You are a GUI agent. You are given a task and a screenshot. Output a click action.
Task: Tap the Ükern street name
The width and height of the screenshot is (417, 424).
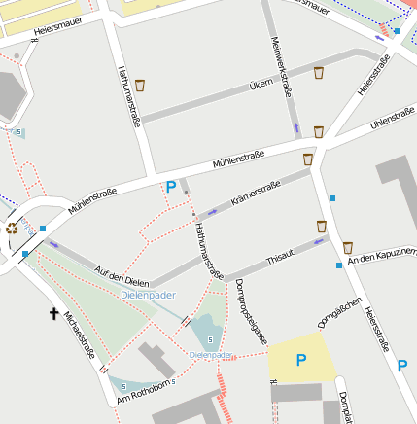(x=261, y=85)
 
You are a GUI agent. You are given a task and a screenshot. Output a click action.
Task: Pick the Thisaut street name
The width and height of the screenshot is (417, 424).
(x=279, y=257)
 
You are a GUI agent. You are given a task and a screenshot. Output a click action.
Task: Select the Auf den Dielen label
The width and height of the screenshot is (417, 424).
(x=122, y=275)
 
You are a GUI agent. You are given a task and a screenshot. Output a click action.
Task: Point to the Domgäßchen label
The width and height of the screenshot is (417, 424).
(x=340, y=312)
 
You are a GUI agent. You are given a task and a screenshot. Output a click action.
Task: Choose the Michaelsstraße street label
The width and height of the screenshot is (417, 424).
(x=80, y=334)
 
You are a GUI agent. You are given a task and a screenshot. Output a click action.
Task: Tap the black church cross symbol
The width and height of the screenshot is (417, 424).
(x=54, y=313)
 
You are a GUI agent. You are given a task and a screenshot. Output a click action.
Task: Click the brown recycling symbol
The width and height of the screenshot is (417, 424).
(x=12, y=229)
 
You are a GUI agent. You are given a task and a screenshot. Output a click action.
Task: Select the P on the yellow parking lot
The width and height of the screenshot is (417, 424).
(x=300, y=361)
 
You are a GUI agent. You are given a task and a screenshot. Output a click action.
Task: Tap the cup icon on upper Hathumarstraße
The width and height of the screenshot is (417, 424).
(x=140, y=86)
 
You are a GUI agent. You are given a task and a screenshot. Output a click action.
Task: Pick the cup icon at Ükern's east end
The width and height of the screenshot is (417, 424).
(x=318, y=72)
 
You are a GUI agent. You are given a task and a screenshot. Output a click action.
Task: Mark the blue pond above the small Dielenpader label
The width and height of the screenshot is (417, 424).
(x=207, y=334)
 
